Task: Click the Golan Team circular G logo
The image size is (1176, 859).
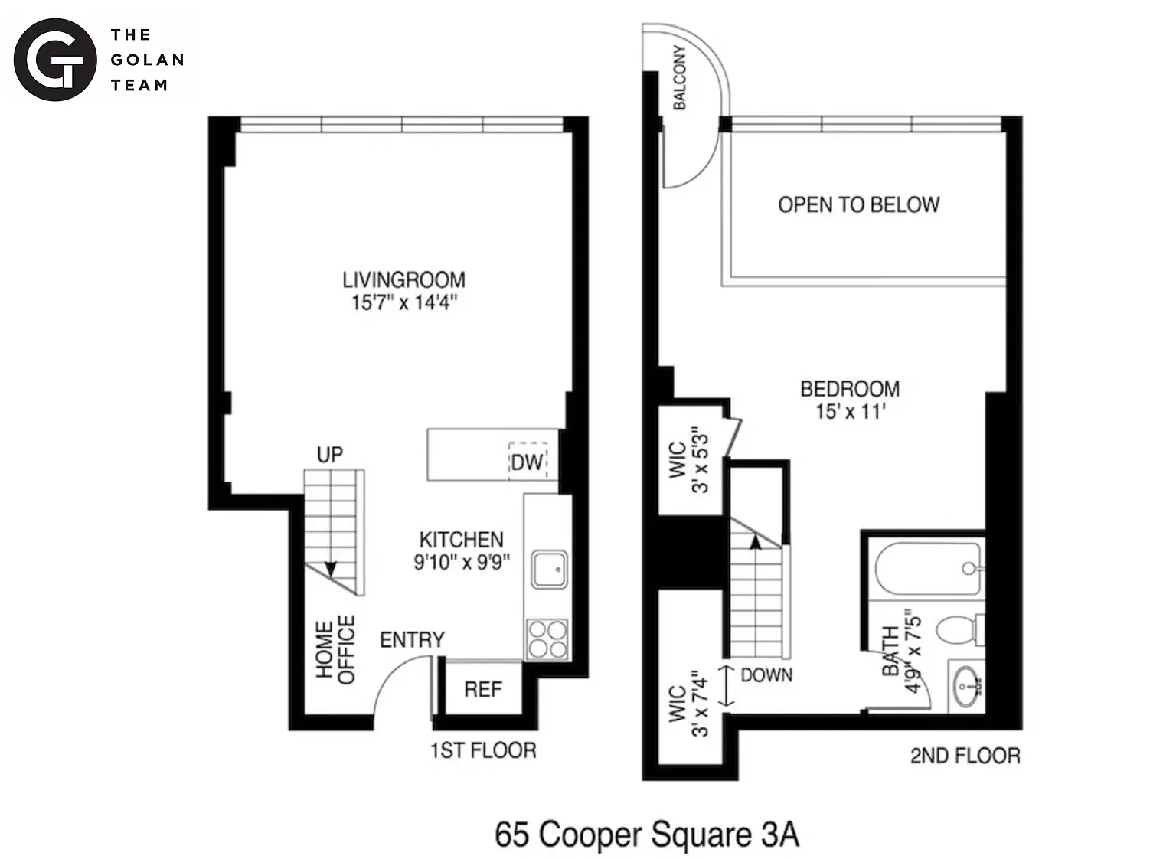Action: [55, 59]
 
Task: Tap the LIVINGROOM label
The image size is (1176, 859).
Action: [403, 280]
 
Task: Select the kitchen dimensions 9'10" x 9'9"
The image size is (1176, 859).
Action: [462, 563]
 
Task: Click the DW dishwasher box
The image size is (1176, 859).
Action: [528, 462]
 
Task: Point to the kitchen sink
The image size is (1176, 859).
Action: [549, 569]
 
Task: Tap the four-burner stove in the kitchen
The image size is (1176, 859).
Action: [547, 639]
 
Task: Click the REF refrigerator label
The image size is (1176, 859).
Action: [483, 689]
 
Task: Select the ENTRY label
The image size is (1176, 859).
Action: [412, 640]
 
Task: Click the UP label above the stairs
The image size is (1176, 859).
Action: [330, 454]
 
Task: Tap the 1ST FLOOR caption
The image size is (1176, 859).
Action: [484, 750]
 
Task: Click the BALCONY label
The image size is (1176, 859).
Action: [679, 78]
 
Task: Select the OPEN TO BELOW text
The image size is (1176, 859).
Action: [859, 204]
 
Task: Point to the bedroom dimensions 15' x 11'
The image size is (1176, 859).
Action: [851, 411]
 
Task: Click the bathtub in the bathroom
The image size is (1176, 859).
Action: [929, 569]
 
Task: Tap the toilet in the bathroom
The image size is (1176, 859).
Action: [959, 629]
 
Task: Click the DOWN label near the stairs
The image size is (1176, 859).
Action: [766, 674]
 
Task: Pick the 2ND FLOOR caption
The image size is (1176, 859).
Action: [965, 756]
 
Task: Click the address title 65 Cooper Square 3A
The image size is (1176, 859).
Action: [647, 834]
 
